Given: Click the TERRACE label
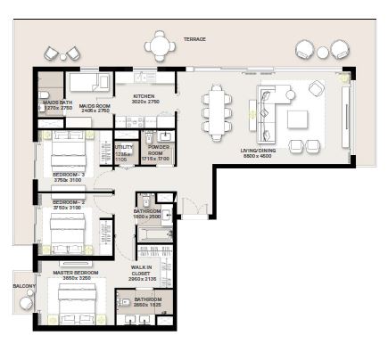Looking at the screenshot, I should click(x=194, y=39).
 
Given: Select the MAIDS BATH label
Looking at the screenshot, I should click(x=51, y=104).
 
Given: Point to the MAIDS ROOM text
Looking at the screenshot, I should click(x=94, y=104).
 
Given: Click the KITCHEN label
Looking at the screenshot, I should click(x=145, y=96).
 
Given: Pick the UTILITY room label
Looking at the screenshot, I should click(x=123, y=145).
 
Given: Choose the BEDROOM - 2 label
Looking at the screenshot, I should click(x=68, y=202).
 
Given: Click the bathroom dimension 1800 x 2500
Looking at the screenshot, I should click(x=145, y=217).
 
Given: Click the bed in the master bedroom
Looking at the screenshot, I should click(x=73, y=310).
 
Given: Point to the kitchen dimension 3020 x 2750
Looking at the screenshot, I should click(x=145, y=102).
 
